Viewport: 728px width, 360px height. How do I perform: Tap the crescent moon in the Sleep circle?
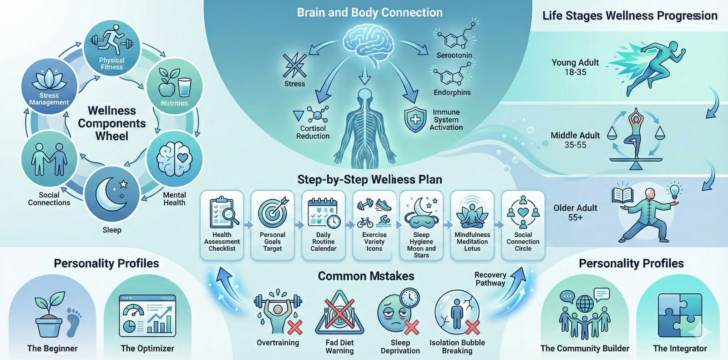tap(109, 193)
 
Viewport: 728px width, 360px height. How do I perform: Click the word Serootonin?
tap(454, 56)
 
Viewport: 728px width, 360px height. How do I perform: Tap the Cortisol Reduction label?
tap(313, 132)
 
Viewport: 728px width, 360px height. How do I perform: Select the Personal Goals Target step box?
tap(273, 225)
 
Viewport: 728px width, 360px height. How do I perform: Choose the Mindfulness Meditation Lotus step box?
tap(472, 225)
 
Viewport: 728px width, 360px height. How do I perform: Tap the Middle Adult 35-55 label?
tap(575, 140)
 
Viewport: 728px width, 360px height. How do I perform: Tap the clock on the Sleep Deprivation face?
tap(410, 298)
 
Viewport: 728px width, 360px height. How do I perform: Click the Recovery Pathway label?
tap(490, 279)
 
